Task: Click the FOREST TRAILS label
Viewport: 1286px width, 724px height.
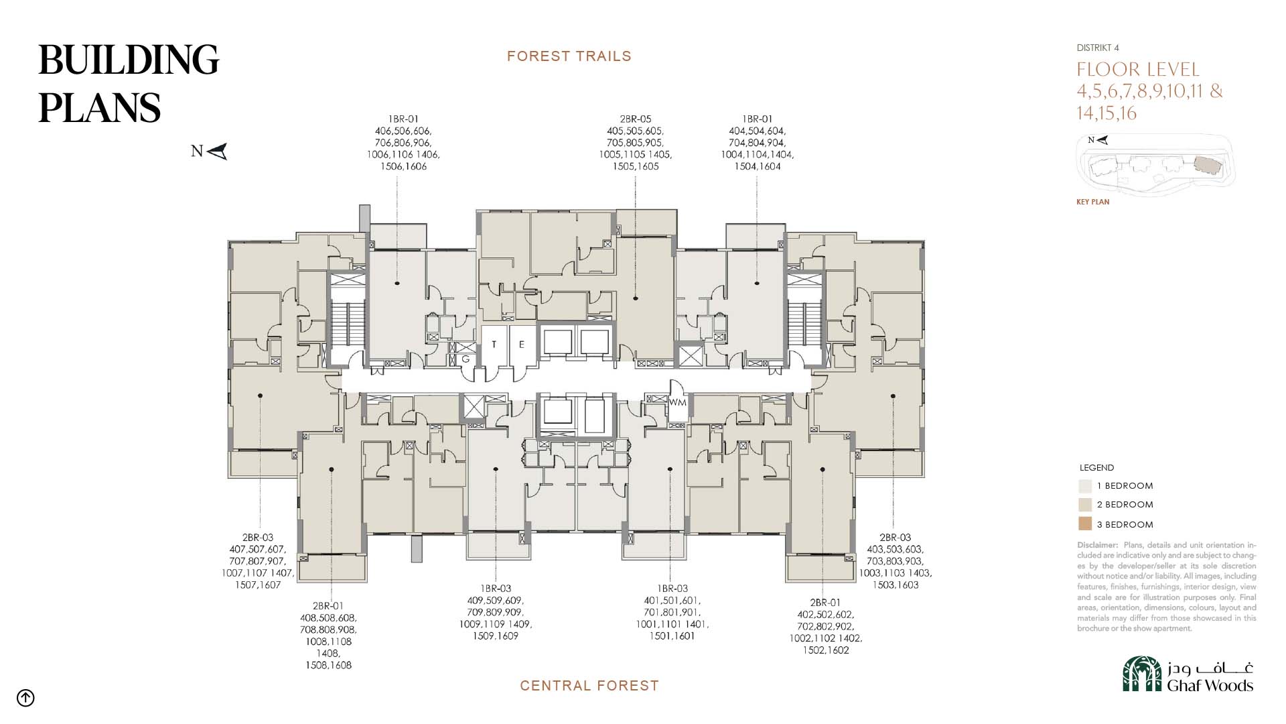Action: [569, 56]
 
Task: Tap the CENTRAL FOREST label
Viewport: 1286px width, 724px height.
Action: [589, 686]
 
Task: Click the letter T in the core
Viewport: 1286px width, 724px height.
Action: [494, 345]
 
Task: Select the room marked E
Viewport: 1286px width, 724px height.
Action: [522, 345]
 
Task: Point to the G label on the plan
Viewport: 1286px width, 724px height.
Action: [466, 360]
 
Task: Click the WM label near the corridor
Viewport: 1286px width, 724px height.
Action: [678, 403]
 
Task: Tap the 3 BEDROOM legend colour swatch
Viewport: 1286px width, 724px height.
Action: [1085, 524]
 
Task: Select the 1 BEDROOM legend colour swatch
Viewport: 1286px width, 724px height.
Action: [1085, 486]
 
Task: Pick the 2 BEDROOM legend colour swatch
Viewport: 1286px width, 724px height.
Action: [1085, 505]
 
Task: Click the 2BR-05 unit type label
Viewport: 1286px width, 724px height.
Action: [636, 119]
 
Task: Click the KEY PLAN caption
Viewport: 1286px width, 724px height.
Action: [1093, 202]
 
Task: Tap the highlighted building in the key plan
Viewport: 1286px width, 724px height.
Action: [1208, 166]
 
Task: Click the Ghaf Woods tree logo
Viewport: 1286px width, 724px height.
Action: [1142, 674]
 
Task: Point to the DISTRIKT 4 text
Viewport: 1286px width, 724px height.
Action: [1098, 48]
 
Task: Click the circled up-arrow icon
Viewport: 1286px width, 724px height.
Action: [25, 698]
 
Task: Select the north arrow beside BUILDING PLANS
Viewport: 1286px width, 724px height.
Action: [218, 152]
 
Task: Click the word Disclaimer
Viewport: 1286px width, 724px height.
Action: [1097, 545]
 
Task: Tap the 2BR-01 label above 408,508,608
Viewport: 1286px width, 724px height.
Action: [328, 606]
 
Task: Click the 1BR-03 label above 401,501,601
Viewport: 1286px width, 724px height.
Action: [672, 589]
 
